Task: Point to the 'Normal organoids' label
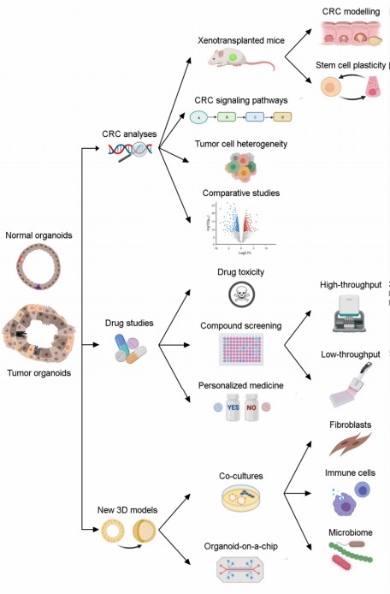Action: click(x=38, y=235)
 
